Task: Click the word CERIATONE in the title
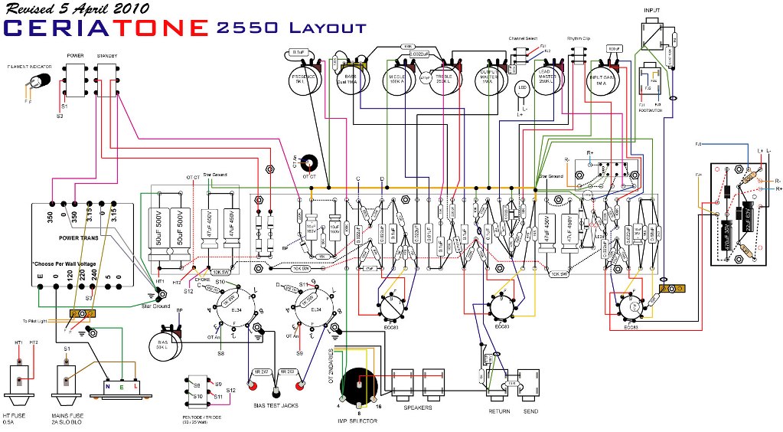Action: pos(106,28)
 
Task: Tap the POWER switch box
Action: pos(75,80)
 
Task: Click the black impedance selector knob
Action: pos(357,387)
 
